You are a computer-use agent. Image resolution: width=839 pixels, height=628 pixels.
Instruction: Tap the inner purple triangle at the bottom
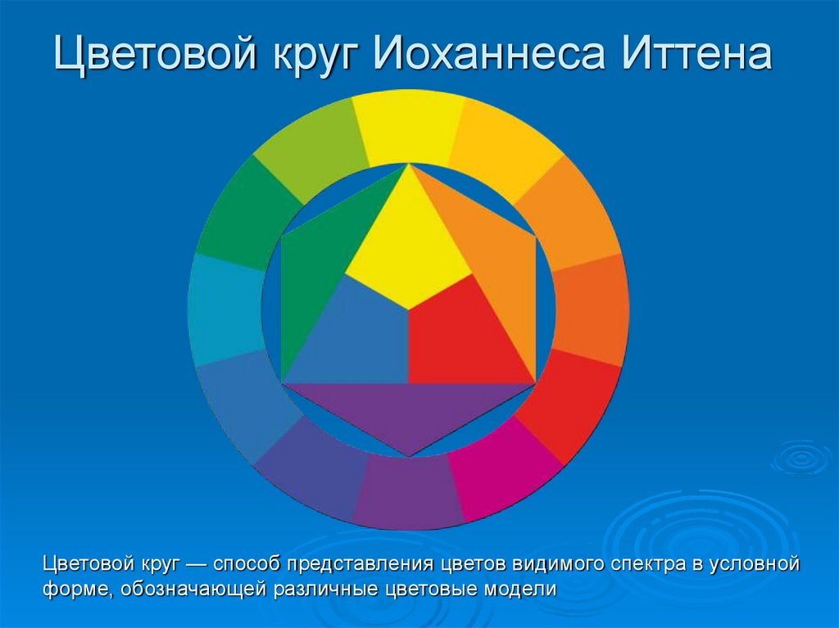click(408, 413)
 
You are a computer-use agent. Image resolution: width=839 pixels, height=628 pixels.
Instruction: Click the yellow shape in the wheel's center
click(407, 246)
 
